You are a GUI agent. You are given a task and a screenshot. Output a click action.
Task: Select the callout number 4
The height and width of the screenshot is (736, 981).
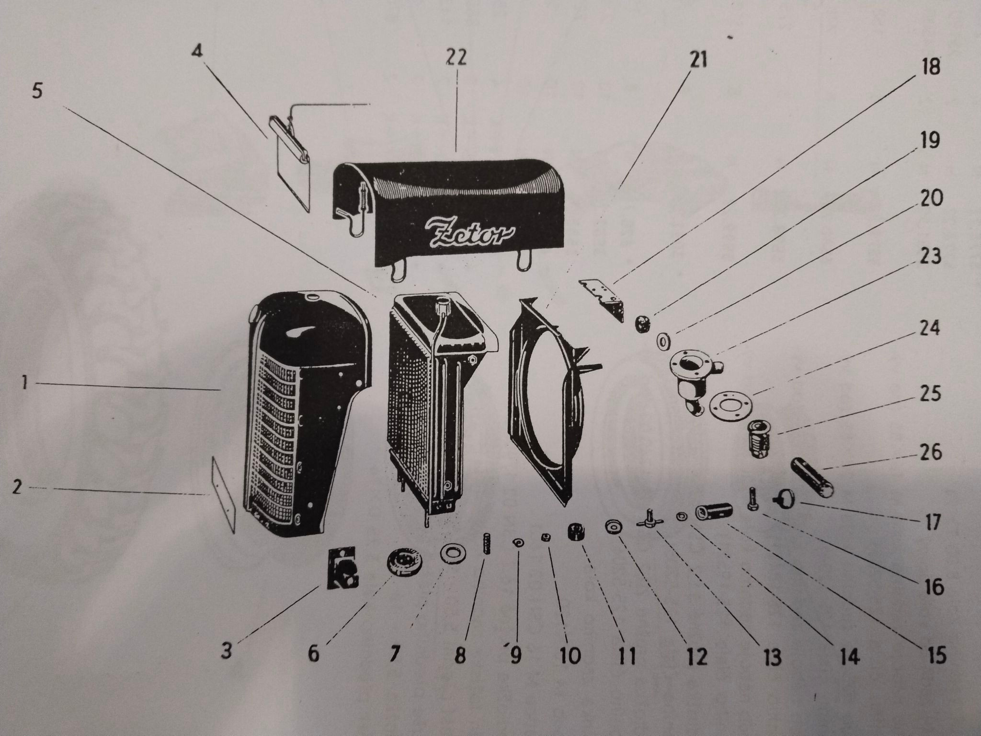(196, 52)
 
